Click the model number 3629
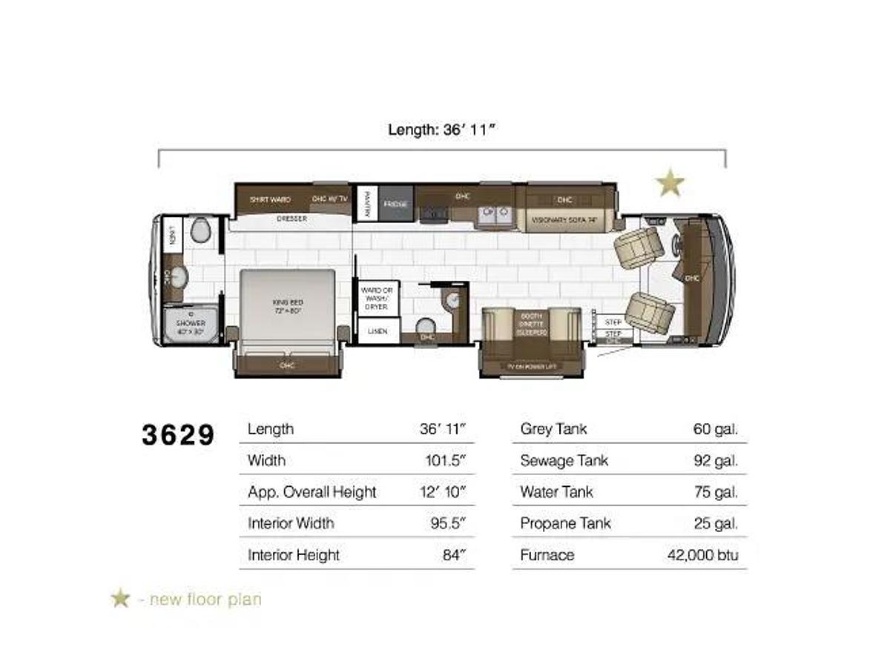click(178, 435)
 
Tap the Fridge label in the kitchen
click(395, 204)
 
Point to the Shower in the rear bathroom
click(191, 326)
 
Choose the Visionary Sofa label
click(564, 219)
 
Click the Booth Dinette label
click(531, 324)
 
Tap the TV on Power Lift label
click(531, 367)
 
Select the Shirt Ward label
click(270, 199)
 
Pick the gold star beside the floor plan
click(670, 182)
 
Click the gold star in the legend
click(120, 598)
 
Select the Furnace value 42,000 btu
click(702, 554)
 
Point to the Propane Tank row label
click(565, 523)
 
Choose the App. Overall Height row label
click(311, 492)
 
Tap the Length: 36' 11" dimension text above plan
click(441, 130)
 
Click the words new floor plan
click(205, 599)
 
